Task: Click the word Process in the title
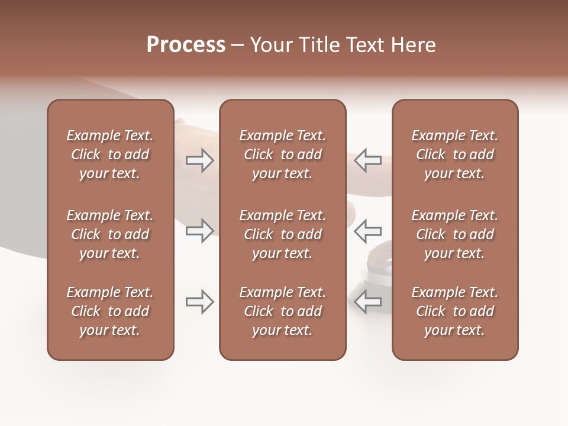186,45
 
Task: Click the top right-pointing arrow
199,160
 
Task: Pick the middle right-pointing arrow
199,230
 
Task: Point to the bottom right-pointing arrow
199,302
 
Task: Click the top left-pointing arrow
368,160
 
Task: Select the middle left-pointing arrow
368,230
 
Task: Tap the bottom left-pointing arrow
368,302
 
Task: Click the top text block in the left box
110,154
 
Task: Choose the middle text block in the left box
110,234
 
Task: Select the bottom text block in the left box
110,311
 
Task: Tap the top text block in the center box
282,154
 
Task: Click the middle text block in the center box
282,234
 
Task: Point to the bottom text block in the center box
282,311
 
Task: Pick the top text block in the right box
455,154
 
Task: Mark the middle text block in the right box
455,234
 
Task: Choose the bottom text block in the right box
455,311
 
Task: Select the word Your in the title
270,45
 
